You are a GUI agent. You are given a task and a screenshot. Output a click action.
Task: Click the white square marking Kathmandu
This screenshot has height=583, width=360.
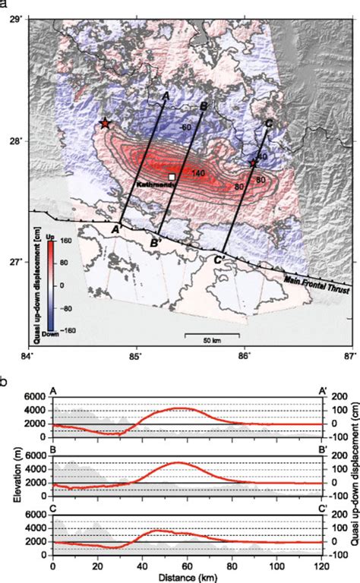(x=172, y=177)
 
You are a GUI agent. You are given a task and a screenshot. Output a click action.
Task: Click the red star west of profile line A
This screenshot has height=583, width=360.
(x=105, y=123)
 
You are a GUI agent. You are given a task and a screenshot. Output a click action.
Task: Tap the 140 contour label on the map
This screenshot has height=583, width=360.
(x=199, y=175)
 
